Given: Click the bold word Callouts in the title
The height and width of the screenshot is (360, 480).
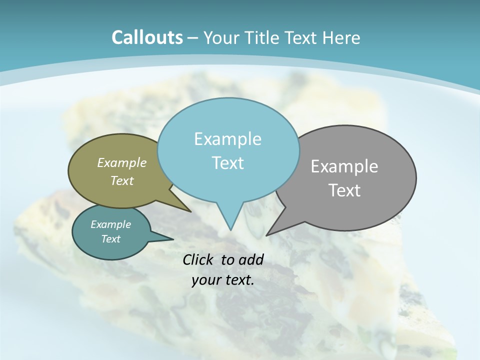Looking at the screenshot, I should pyautogui.click(x=147, y=37).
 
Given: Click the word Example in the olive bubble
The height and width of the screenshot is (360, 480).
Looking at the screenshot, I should pyautogui.click(x=122, y=163).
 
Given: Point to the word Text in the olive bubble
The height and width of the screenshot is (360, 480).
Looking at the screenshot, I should pyautogui.click(x=122, y=180).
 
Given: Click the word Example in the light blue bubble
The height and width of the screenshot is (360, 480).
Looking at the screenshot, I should pyautogui.click(x=227, y=139).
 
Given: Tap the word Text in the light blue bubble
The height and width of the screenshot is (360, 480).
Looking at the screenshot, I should pyautogui.click(x=227, y=163).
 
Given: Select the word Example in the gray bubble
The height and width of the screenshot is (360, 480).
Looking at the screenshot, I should pyautogui.click(x=344, y=166).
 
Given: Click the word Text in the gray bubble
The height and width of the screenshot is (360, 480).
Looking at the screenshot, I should pyautogui.click(x=344, y=190).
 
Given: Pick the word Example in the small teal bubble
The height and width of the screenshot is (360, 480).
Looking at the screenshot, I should pyautogui.click(x=110, y=224).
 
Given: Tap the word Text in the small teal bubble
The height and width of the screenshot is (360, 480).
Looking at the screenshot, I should pyautogui.click(x=110, y=239).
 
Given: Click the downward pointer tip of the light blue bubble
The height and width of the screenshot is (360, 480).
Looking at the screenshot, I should pyautogui.click(x=230, y=229).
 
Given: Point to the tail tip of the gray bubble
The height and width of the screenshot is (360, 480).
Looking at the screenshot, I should pyautogui.click(x=267, y=234).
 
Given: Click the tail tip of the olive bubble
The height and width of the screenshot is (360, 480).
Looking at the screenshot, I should pyautogui.click(x=189, y=211).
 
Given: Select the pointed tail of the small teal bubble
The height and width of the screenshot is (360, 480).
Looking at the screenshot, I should pyautogui.click(x=172, y=239).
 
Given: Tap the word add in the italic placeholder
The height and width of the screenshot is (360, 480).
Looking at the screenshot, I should pyautogui.click(x=251, y=259).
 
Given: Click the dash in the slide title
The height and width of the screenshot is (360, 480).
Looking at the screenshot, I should pyautogui.click(x=193, y=38).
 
